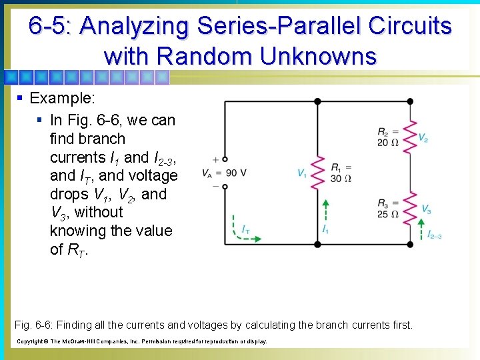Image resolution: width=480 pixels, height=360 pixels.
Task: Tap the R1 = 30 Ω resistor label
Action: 341,173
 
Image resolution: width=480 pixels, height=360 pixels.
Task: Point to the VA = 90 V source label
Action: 219,173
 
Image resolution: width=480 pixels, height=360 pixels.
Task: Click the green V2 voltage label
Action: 423,137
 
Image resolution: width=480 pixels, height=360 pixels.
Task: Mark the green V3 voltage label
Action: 426,209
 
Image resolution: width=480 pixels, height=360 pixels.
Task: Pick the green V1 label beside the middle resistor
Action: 302,173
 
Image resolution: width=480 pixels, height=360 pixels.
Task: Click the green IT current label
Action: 245,229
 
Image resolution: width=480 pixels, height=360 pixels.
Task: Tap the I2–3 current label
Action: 435,235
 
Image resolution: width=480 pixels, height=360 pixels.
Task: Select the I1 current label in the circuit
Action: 325,229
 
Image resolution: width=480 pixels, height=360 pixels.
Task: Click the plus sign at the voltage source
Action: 215,159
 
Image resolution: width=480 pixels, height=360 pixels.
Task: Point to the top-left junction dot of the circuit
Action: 317,101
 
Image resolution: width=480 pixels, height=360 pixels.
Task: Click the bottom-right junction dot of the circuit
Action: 409,244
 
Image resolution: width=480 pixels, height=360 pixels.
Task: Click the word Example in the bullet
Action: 62,99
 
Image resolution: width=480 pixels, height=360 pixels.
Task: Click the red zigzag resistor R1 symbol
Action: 318,173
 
